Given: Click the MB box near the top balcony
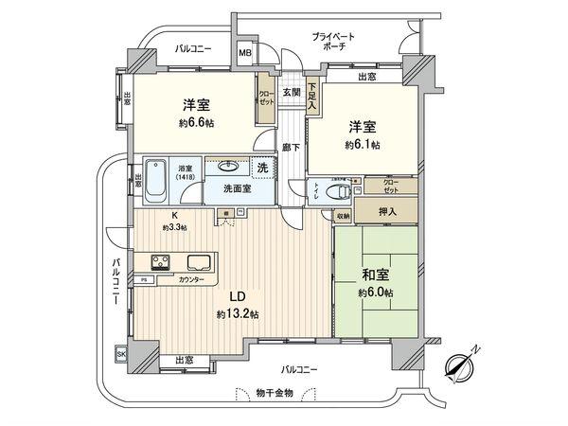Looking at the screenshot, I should point(245,54).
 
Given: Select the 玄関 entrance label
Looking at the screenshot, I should point(291,93).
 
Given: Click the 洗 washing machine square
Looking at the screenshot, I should point(263,168).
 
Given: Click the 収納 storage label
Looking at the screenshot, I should point(342,217).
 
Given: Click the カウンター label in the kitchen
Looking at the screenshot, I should point(189,280).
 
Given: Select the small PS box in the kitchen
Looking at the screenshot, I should point(145,280).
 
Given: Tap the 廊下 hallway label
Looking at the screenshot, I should point(292,147).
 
